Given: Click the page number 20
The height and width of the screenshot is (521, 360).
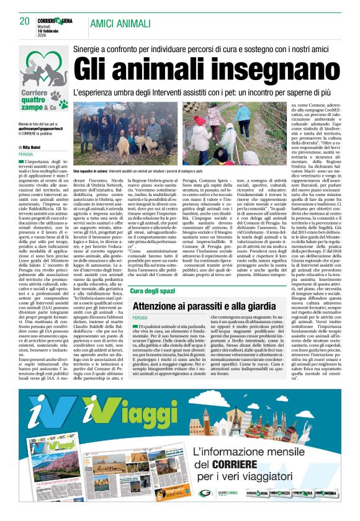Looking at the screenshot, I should pos(25,22).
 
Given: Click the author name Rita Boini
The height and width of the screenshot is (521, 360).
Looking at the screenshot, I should pos(32,147).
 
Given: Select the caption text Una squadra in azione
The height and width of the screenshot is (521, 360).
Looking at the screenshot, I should pos(91,169).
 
